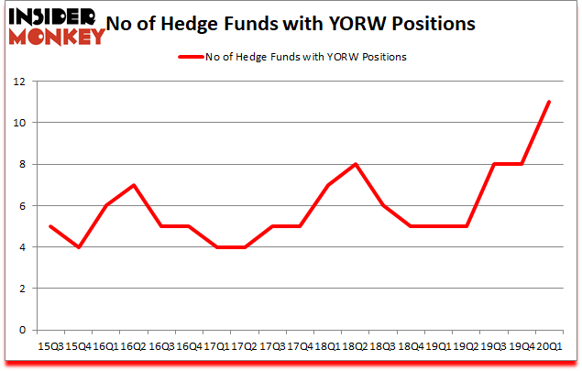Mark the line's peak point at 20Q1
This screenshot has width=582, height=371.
(549, 102)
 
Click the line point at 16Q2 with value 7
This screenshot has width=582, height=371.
(135, 185)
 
